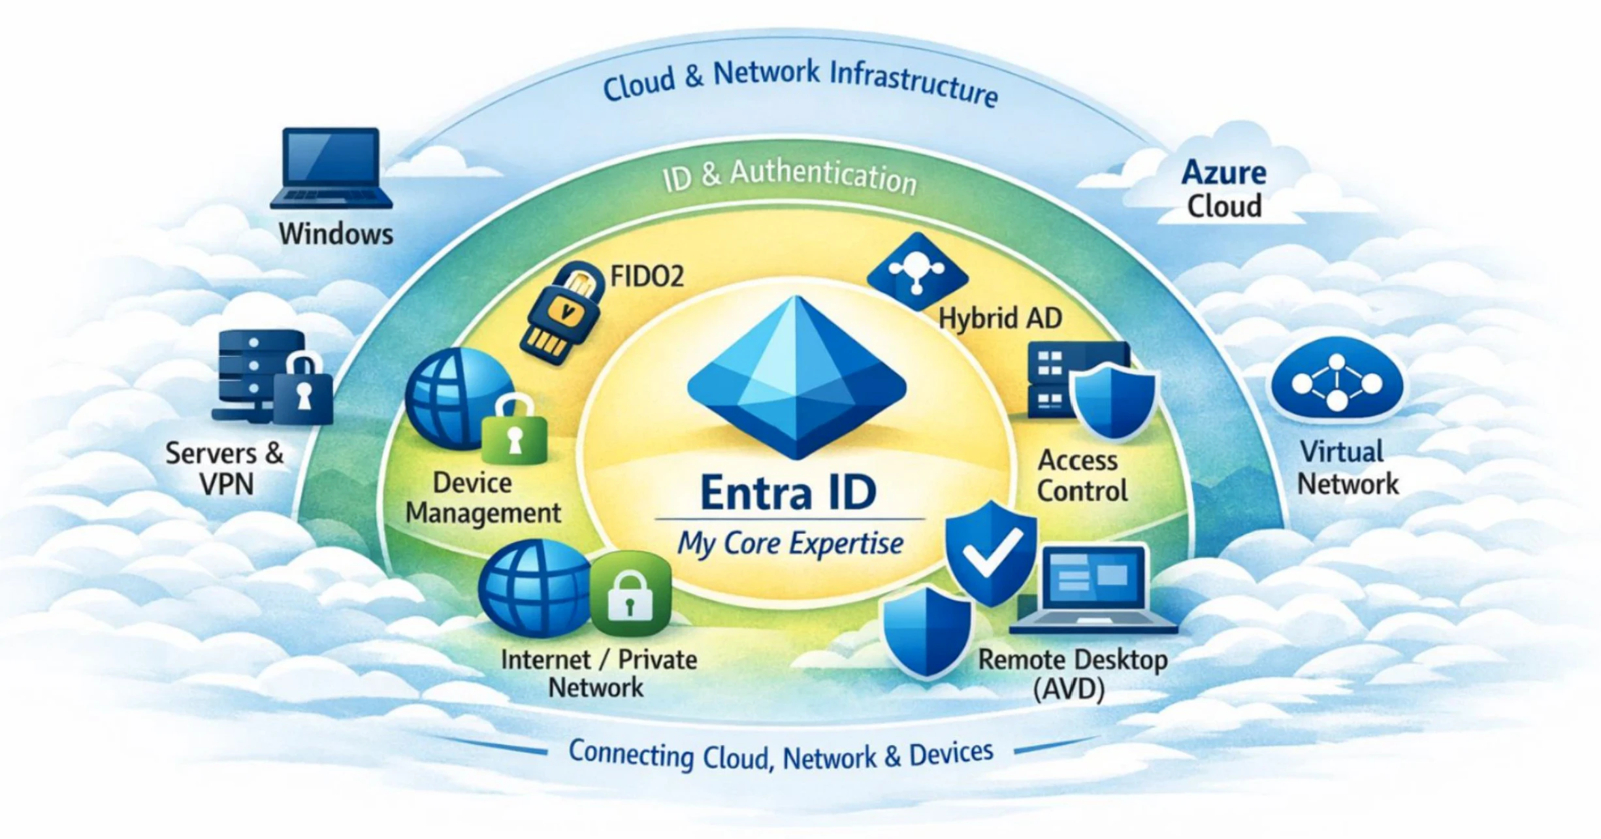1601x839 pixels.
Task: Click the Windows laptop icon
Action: [x=331, y=168]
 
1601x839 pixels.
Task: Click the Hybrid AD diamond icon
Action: [x=917, y=271]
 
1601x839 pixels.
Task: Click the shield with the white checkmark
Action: [x=991, y=552]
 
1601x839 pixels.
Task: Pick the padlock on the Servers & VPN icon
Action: [x=302, y=390]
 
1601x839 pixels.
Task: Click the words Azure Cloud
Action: [x=1223, y=189]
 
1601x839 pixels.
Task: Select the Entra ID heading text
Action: [x=788, y=492]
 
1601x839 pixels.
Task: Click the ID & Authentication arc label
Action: [x=790, y=176]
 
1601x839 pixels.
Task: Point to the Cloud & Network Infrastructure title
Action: [x=800, y=82]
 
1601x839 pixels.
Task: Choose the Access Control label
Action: [x=1082, y=476]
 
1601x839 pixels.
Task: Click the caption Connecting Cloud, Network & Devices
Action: [x=781, y=755]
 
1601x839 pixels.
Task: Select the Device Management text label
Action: [x=483, y=498]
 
